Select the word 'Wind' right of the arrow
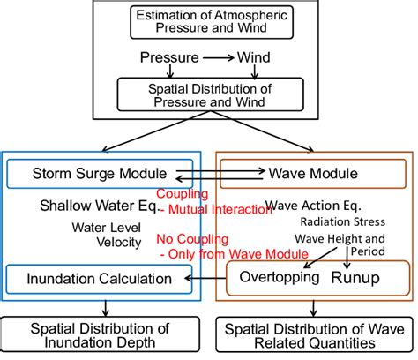(x=252, y=58)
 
